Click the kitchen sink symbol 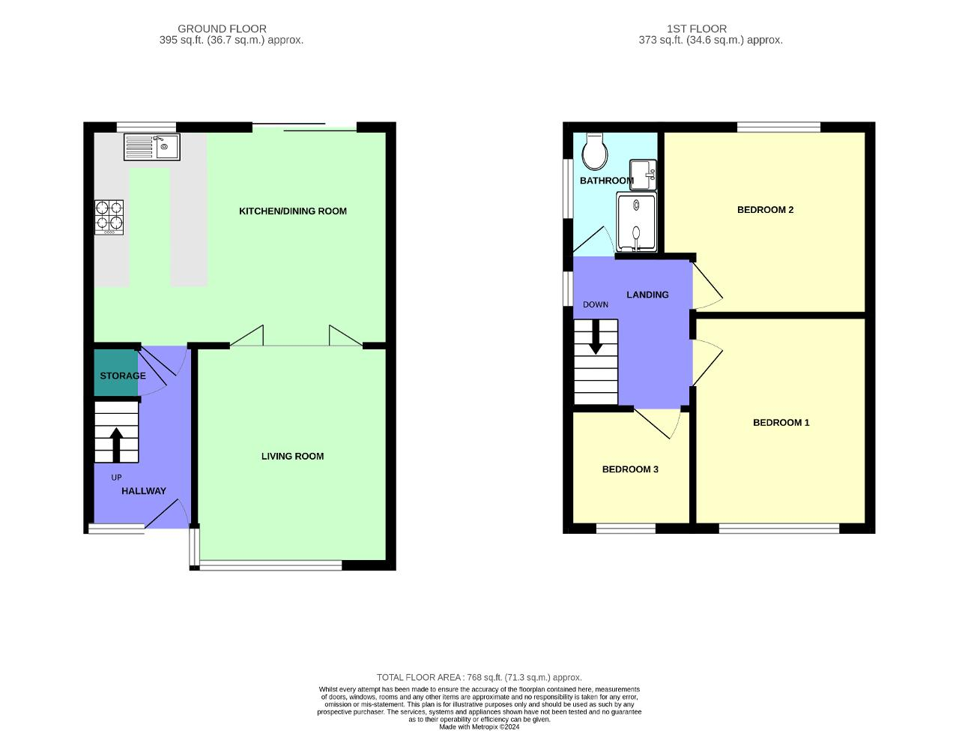152,147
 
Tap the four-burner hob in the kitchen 109,217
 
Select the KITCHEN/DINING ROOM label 293,211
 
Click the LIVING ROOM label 292,456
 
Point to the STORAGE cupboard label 123,376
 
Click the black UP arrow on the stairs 116,444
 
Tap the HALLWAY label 144,491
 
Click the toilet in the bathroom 596,153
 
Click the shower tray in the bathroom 636,222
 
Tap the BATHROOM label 606,181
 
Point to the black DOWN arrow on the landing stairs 596,337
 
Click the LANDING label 647,295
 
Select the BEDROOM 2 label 765,210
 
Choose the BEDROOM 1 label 781,423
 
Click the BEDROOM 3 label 630,469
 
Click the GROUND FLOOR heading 222,29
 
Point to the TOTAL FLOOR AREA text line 479,677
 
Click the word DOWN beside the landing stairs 596,304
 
